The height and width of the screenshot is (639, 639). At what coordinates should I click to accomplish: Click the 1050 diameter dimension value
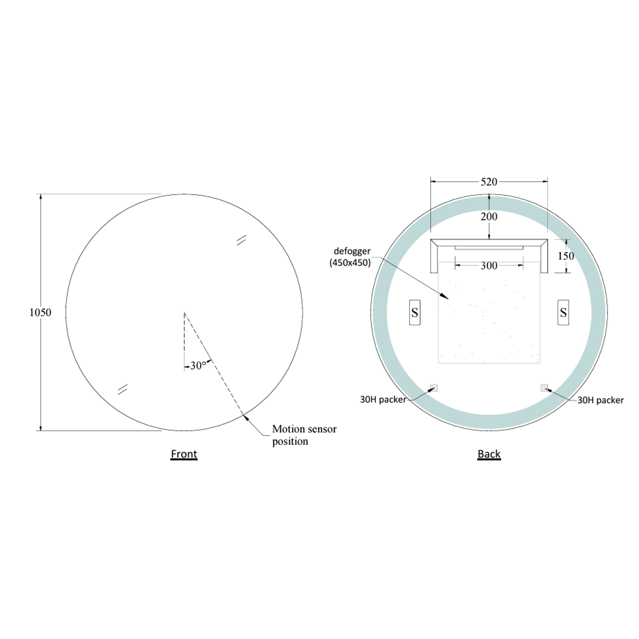point(40,313)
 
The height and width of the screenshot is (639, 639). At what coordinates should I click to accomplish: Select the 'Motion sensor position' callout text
point(304,435)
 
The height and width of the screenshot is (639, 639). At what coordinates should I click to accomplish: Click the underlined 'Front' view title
point(184,454)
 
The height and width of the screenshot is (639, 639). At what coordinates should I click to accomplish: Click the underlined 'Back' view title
point(489,454)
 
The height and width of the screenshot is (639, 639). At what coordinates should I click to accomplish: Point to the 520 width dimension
point(489,182)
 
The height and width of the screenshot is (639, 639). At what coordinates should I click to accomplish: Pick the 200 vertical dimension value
point(489,217)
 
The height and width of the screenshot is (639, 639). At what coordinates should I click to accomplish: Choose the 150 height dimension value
point(566,256)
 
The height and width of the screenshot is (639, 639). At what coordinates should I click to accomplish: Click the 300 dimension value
point(489,265)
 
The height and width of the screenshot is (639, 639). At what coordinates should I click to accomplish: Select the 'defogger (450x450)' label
point(351,257)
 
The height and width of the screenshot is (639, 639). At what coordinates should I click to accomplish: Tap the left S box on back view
point(415,313)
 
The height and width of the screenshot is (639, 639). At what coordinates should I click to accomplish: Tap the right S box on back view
point(563,313)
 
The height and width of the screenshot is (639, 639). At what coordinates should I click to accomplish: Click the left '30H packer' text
point(383,400)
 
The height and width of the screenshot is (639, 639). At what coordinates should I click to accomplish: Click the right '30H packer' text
point(600,400)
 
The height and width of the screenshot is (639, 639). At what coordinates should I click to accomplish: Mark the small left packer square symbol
point(434,388)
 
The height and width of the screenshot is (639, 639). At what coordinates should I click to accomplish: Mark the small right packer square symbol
point(544,388)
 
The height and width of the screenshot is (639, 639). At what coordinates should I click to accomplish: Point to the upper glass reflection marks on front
point(241,240)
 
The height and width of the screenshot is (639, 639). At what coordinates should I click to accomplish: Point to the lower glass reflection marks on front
point(122,389)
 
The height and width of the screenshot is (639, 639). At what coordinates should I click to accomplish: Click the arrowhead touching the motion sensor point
point(246,417)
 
